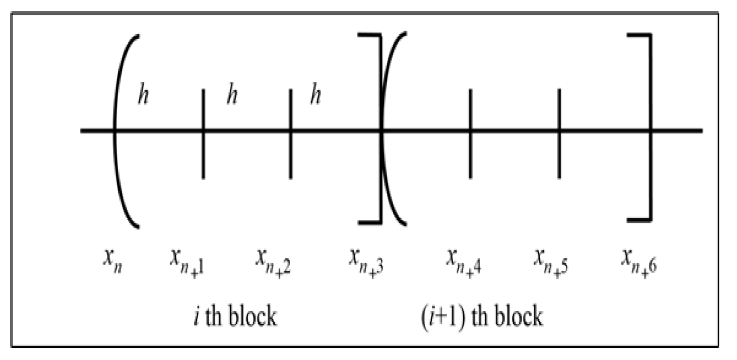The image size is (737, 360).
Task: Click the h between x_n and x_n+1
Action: click(x=143, y=96)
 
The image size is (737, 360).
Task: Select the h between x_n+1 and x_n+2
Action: click(x=232, y=96)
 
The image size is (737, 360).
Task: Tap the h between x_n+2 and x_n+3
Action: click(x=316, y=96)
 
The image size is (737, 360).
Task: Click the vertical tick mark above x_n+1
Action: click(x=203, y=134)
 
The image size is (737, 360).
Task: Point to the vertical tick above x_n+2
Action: click(x=290, y=134)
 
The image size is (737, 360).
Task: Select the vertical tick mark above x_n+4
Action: click(x=470, y=134)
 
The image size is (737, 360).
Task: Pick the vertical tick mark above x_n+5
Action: click(x=559, y=134)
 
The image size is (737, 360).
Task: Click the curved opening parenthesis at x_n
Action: click(x=121, y=130)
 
